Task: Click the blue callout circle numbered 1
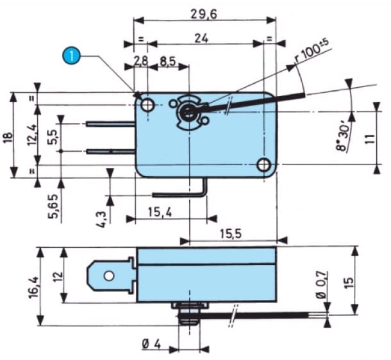tap(72, 56)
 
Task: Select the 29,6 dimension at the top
tap(204, 15)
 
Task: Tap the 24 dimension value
tap(201, 38)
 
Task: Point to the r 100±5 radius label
tap(312, 51)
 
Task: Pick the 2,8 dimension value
tap(141, 61)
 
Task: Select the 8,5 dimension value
tap(168, 61)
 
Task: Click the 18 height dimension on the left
tap(8, 138)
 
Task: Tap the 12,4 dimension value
tap(32, 135)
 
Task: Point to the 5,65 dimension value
tap(53, 206)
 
